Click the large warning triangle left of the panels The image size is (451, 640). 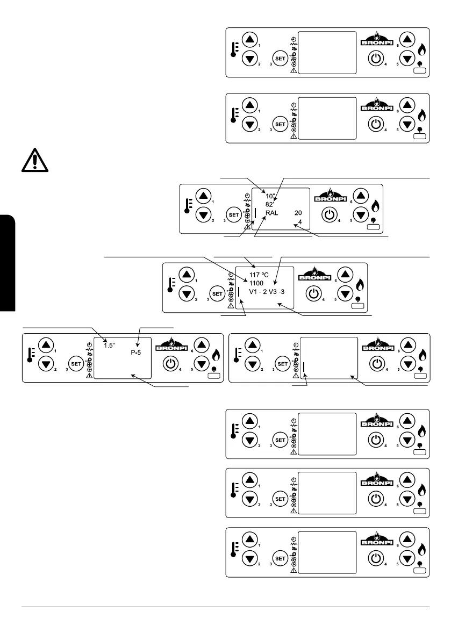tap(34, 159)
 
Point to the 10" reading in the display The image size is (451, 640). tap(270, 196)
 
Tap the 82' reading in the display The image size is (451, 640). tap(270, 204)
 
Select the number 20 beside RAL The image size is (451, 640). tap(298, 213)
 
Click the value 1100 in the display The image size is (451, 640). tap(256, 283)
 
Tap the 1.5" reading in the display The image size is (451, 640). tap(112, 339)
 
